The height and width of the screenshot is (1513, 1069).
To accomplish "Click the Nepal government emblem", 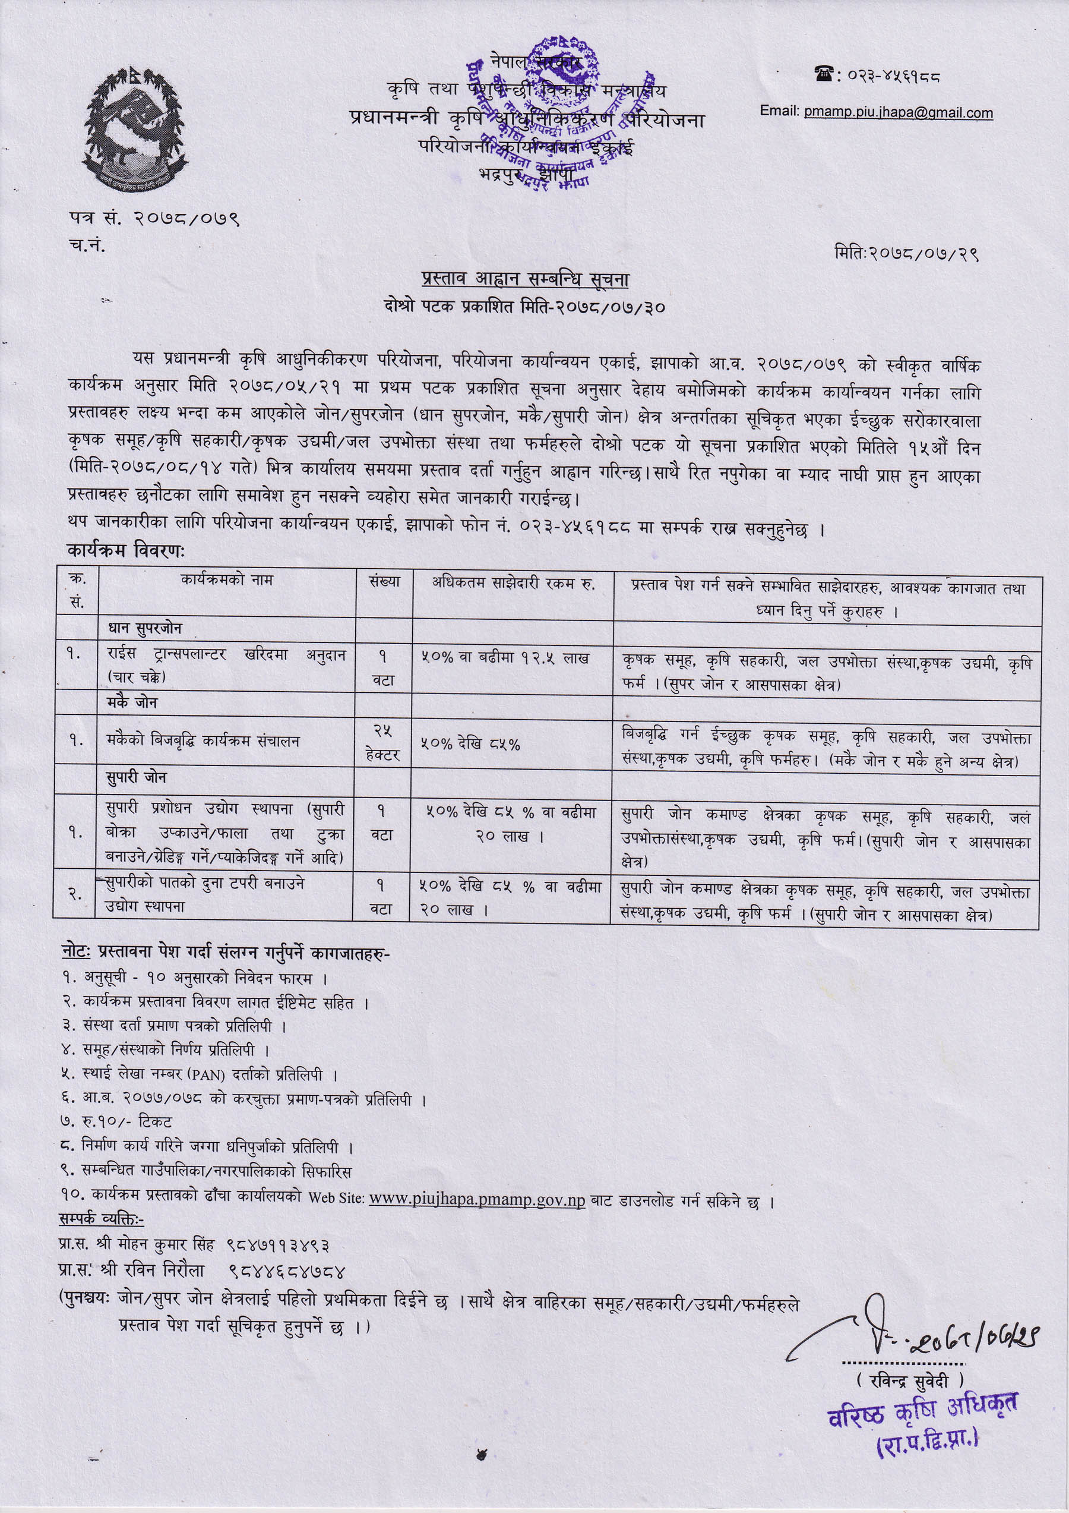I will pyautogui.click(x=135, y=129).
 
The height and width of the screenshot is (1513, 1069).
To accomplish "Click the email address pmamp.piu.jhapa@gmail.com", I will pyautogui.click(x=898, y=113).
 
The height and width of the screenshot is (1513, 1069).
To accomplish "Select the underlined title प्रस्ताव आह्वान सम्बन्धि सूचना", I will pyautogui.click(x=525, y=279).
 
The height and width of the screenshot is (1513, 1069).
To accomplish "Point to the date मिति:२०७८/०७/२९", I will pyautogui.click(x=906, y=253).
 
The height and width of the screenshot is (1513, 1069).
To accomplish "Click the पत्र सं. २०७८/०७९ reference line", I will pyautogui.click(x=153, y=218).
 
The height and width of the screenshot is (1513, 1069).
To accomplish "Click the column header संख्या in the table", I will pyautogui.click(x=384, y=582).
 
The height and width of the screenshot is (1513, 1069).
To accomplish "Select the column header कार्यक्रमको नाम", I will pyautogui.click(x=227, y=580).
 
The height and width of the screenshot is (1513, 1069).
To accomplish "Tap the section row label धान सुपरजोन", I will pyautogui.click(x=144, y=629).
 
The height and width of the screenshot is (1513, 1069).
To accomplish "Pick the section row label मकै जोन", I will pyautogui.click(x=132, y=702).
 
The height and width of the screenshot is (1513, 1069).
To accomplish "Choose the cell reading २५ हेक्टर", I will pyautogui.click(x=383, y=742).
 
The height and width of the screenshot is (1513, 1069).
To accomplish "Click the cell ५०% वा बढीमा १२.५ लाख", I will pyautogui.click(x=505, y=658).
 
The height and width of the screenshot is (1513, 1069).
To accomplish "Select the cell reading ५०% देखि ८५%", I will pyautogui.click(x=470, y=744).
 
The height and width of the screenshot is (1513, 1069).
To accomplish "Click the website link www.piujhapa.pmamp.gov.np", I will pyautogui.click(x=477, y=1199).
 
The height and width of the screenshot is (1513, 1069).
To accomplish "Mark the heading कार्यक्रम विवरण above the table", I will pyautogui.click(x=126, y=551).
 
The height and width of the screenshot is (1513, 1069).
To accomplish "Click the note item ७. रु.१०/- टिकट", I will pyautogui.click(x=116, y=1121).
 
